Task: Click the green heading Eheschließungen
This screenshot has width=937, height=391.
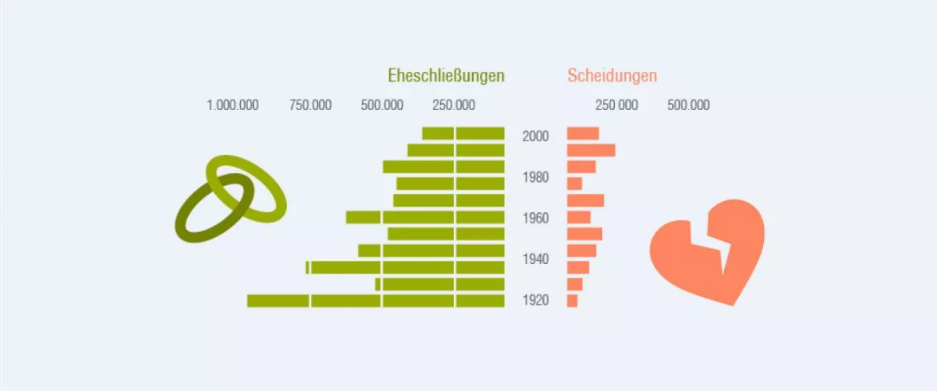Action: pos(446,77)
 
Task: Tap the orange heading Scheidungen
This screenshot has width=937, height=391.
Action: pos(612,77)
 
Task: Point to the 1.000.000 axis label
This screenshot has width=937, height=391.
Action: pos(233,105)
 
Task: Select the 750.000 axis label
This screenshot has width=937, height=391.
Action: pos(310,105)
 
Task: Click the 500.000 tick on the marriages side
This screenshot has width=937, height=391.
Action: pos(382,105)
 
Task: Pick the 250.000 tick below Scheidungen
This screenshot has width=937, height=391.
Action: pos(617,105)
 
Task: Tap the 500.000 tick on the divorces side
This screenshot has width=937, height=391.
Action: pos(688,105)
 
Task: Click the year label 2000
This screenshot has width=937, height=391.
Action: pos(535,136)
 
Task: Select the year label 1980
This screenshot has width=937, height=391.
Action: pos(535,177)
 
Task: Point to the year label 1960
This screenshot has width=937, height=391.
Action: pos(535,218)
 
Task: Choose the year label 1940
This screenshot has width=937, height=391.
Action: pos(535,259)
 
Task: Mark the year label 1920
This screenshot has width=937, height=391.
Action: pos(535,301)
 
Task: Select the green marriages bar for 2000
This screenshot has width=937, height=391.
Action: pos(463,133)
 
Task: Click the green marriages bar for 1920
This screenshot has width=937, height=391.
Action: pos(376,301)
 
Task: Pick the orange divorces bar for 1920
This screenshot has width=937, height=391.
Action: pos(572,301)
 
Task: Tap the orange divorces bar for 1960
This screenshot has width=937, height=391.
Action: pos(578,217)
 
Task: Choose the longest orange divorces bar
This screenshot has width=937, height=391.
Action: pos(590,150)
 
